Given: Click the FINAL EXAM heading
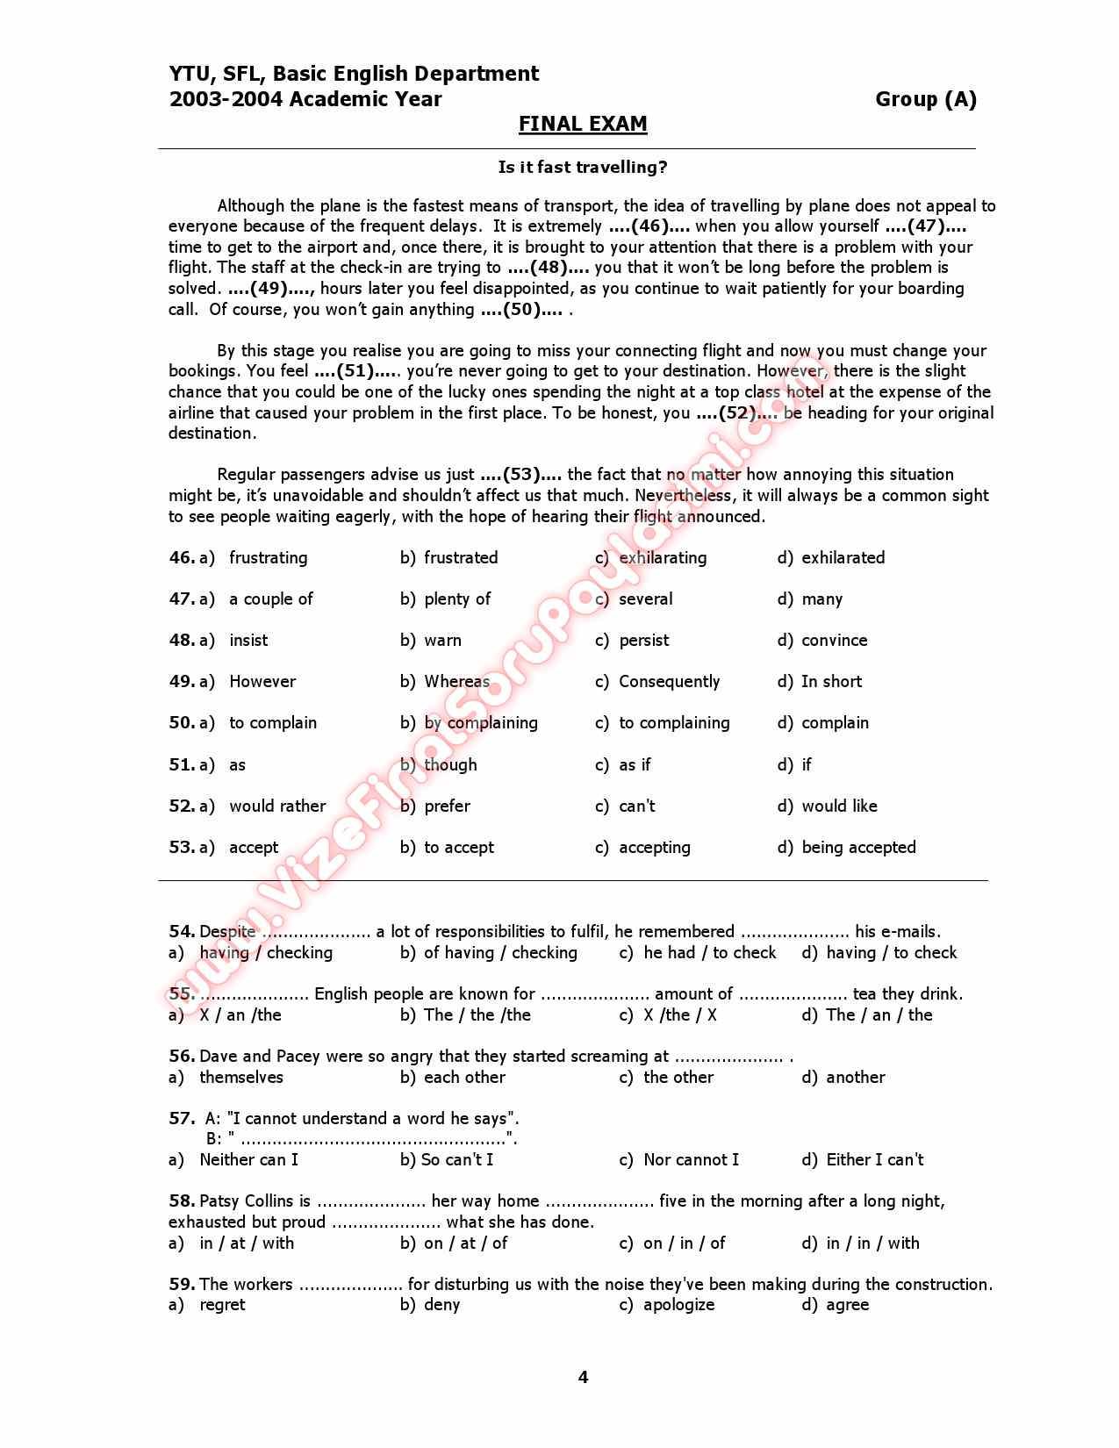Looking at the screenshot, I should coord(582,124).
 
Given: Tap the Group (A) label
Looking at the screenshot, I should coord(925,99).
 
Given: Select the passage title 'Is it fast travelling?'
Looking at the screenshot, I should coord(582,167).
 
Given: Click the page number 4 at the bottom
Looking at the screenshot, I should coord(583,1377).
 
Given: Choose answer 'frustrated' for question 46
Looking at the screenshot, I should coord(460,557).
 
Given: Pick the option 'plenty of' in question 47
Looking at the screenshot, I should coord(456,599).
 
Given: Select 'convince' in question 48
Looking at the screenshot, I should coord(834,640).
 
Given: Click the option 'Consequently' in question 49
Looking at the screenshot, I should coord(669,681).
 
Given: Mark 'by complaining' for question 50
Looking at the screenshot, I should coord(480,723).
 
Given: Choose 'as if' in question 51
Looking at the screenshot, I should coord(635,764).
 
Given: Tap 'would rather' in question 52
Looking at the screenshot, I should coord(277,806).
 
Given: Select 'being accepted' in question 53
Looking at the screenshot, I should coord(858,847).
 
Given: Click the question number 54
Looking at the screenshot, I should coord(181,931).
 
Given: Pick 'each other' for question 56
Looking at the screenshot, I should coord(464,1077).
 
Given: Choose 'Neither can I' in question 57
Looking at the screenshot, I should coord(248,1159).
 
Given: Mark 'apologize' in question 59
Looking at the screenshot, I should coord(678,1304).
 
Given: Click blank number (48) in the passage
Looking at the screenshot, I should coord(549,268).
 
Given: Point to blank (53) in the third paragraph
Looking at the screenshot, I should coord(521,475).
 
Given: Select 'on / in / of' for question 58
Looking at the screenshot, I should coord(684,1243).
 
